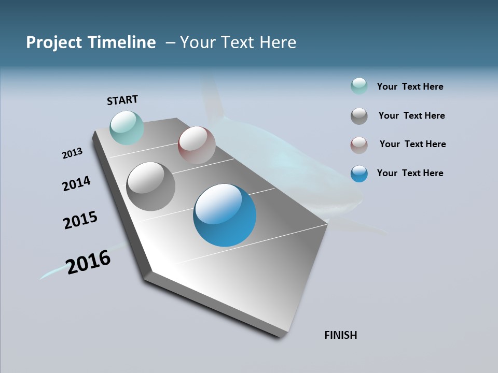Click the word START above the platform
click(122, 99)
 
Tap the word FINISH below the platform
click(341, 335)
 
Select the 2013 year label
click(73, 153)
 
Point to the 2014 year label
click(77, 183)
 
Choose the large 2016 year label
click(89, 262)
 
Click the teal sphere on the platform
click(127, 127)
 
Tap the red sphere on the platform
click(197, 145)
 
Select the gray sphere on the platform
click(151, 187)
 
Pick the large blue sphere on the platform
click(225, 215)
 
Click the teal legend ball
click(359, 86)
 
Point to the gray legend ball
click(359, 116)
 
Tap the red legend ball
click(359, 145)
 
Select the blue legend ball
click(359, 174)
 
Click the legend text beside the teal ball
click(410, 87)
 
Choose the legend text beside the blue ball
click(410, 173)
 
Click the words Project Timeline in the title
click(91, 42)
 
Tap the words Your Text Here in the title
click(238, 42)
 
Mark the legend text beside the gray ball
click(411, 116)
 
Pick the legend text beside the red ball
click(412, 144)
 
